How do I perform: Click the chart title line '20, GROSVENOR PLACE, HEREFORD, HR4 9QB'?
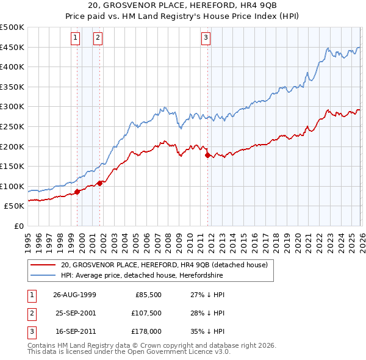point(183,6)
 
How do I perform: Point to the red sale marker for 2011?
point(208,156)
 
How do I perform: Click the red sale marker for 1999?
point(77,192)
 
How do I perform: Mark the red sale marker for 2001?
point(100,183)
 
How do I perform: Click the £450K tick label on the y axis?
point(13,48)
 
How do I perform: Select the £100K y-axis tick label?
point(13,186)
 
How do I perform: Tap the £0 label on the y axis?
point(18,226)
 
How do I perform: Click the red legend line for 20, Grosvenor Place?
point(43,265)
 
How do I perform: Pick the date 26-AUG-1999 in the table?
point(74,294)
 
